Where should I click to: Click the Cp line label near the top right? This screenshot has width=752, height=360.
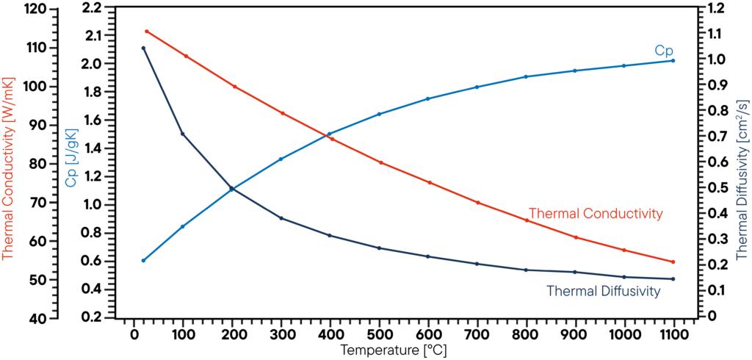coord(664,51)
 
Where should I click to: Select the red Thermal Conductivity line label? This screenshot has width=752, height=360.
coord(596,213)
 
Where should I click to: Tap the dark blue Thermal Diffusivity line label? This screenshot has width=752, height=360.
coord(603,291)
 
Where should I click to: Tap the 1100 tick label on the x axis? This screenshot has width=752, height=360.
coord(673,333)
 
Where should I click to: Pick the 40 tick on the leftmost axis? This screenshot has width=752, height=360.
coord(39,318)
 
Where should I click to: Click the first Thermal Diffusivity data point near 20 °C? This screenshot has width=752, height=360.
coord(143,48)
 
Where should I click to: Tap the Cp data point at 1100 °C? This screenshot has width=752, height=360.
coord(673,60)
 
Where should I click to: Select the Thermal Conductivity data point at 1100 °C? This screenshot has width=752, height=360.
coord(673,262)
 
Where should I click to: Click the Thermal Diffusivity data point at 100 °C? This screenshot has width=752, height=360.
coord(182,134)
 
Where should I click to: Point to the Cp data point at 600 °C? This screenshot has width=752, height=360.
coord(428,98)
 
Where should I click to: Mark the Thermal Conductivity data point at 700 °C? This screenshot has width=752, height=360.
coord(477,203)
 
